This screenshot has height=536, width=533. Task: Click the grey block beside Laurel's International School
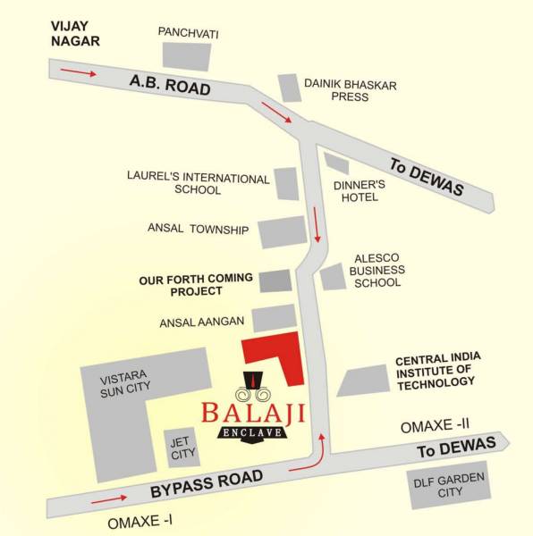285,183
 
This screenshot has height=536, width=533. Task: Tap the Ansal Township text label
198,230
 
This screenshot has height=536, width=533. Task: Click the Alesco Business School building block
333,276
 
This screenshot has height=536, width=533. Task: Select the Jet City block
182,448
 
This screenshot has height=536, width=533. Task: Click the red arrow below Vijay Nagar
76,71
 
